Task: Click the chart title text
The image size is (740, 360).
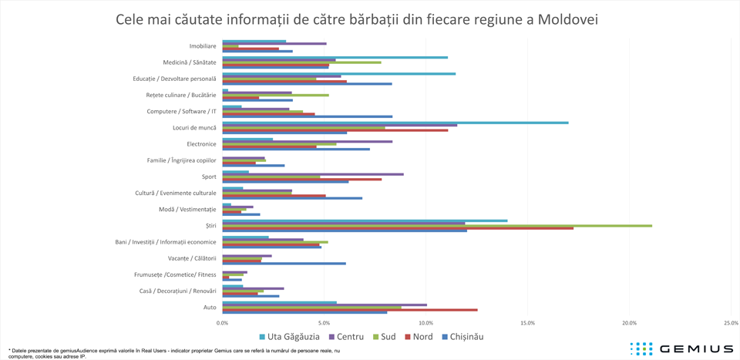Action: pyautogui.click(x=356, y=19)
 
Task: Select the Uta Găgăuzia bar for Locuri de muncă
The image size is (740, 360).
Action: pyautogui.click(x=395, y=122)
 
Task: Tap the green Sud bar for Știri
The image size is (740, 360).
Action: pyautogui.click(x=436, y=225)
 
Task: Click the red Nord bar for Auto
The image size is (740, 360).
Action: pyautogui.click(x=349, y=310)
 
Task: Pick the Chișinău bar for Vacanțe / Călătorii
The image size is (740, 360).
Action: pyautogui.click(x=284, y=264)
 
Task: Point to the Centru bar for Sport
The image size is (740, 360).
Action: pyautogui.click(x=312, y=174)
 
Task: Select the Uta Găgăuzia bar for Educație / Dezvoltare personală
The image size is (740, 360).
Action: pyautogui.click(x=338, y=73)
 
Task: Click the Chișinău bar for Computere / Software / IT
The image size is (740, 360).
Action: pyautogui.click(x=307, y=117)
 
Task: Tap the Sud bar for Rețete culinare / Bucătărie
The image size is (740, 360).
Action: pyautogui.click(x=275, y=95)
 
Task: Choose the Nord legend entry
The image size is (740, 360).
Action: pyautogui.click(x=417, y=337)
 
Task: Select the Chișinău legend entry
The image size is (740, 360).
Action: pyautogui.click(x=461, y=337)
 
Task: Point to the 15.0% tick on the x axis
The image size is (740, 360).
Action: pyautogui.click(x=527, y=322)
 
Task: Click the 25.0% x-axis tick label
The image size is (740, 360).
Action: pyautogui.click(x=731, y=322)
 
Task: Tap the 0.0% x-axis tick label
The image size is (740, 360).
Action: pyautogui.click(x=222, y=322)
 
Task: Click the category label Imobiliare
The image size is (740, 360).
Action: pyautogui.click(x=202, y=46)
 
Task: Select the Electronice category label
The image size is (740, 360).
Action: pyautogui.click(x=201, y=144)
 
